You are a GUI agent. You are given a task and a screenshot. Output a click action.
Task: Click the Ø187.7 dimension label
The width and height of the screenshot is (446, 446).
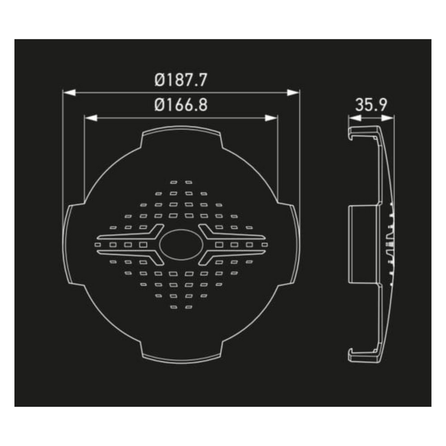(181, 80)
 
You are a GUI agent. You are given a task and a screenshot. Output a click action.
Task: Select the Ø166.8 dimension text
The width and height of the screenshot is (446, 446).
(181, 105)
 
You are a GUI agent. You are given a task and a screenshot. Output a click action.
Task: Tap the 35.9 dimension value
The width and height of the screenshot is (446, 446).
(371, 105)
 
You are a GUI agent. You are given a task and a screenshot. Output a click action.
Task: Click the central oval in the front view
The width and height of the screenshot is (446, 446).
(181, 244)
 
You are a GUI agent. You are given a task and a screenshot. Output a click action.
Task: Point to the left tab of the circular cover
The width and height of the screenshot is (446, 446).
(70, 244)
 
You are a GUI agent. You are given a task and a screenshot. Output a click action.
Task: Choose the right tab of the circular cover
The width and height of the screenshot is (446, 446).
(293, 244)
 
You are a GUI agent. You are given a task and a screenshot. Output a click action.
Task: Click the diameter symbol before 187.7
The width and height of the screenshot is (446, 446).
(160, 80)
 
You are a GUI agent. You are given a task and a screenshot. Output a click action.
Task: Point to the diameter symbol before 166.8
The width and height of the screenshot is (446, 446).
(160, 105)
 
